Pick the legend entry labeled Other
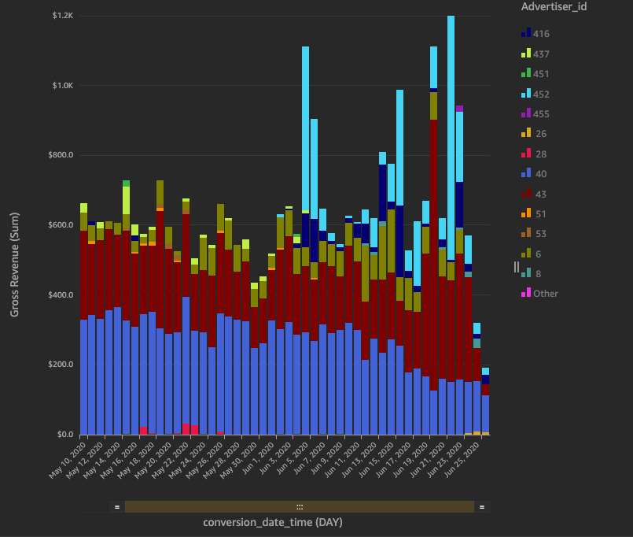click(x=545, y=294)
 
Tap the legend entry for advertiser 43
click(x=539, y=194)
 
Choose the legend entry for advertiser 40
click(x=539, y=174)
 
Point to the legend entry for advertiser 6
click(x=535, y=254)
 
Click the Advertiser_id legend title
click(x=554, y=7)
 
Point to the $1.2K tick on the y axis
click(x=63, y=16)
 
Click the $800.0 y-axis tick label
click(x=61, y=155)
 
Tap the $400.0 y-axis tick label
click(x=61, y=295)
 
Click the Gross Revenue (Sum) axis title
click(x=14, y=265)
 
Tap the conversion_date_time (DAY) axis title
click(x=273, y=522)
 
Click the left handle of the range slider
click(x=117, y=507)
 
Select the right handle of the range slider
click(x=481, y=507)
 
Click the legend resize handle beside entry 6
click(x=517, y=266)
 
